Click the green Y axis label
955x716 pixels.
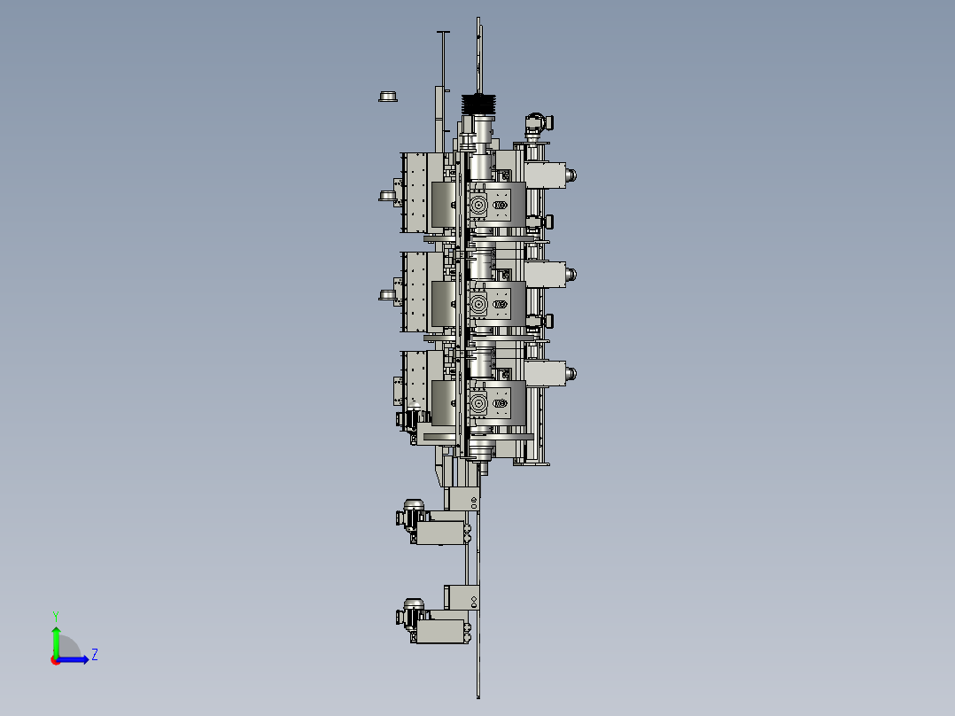tap(56, 616)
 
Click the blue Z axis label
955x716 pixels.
tap(95, 655)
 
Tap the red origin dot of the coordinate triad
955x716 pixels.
tap(56, 660)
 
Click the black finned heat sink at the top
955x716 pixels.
tap(478, 105)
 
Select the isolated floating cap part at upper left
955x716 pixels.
tap(388, 97)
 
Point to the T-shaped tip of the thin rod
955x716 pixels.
tap(443, 32)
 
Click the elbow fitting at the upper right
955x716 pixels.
tap(539, 124)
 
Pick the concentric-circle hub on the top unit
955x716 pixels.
tap(478, 205)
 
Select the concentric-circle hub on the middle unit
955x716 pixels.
tap(478, 304)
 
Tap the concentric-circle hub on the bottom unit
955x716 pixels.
tap(478, 403)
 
